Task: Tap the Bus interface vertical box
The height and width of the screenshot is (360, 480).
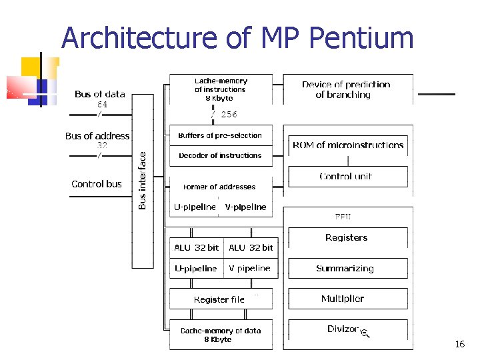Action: (x=143, y=180)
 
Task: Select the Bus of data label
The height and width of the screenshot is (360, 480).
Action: (x=100, y=95)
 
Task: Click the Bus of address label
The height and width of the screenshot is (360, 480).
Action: (x=97, y=136)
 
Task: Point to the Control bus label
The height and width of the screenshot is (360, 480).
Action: (x=97, y=184)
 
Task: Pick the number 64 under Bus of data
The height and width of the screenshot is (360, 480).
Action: (x=102, y=105)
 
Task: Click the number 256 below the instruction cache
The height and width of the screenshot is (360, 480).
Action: (x=229, y=114)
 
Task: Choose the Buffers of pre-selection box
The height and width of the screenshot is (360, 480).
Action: (x=221, y=135)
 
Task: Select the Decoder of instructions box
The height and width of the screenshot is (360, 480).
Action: (x=221, y=155)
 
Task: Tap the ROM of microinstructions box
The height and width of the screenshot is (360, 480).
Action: (x=348, y=145)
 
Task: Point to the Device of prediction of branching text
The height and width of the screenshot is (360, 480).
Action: (x=345, y=89)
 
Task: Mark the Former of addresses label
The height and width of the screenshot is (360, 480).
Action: (x=220, y=187)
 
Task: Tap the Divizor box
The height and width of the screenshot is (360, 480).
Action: (x=344, y=329)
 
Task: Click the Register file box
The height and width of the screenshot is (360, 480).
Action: (x=219, y=299)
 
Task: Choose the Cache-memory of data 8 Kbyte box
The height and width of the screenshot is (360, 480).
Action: (x=221, y=335)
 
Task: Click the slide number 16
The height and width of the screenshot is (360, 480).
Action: (x=459, y=345)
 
